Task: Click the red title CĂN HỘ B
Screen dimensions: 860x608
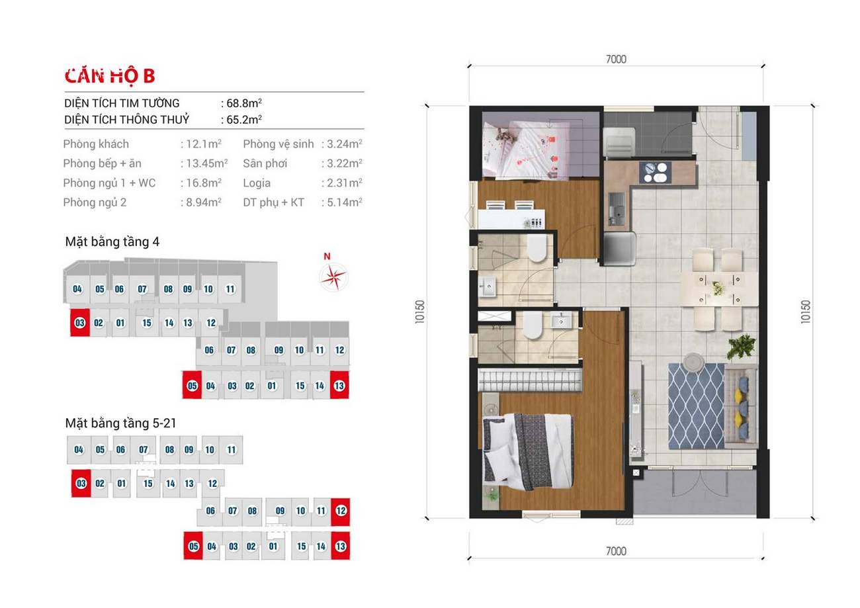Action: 110,75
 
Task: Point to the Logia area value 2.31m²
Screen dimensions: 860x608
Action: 345,183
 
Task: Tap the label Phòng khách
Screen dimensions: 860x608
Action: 96,144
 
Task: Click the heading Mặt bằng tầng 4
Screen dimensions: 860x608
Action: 112,242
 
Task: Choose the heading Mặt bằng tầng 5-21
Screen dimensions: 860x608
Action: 120,423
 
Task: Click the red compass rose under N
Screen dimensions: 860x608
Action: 333,277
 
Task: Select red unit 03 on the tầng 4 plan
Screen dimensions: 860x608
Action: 80,322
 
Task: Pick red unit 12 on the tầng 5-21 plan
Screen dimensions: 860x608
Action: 341,511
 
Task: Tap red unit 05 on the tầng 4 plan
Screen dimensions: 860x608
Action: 192,385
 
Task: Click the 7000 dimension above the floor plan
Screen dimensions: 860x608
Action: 616,59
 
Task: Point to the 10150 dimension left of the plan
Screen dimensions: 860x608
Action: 420,312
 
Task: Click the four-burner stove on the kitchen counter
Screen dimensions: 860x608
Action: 655,172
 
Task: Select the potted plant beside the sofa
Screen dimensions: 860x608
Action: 741,346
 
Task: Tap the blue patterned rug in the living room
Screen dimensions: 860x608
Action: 697,406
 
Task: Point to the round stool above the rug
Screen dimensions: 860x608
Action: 693,362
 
